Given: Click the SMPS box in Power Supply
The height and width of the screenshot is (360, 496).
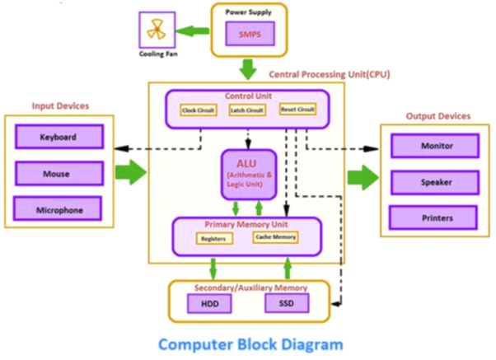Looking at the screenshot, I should [249, 34].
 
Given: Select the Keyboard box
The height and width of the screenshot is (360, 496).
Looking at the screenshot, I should [58, 137].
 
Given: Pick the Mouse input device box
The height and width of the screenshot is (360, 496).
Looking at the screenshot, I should [58, 174].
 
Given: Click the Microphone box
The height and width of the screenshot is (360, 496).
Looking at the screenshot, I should [58, 209].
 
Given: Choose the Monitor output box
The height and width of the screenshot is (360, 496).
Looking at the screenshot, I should [434, 147].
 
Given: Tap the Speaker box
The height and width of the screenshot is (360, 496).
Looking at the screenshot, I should [434, 181].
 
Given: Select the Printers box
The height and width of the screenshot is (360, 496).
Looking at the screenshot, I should [434, 217].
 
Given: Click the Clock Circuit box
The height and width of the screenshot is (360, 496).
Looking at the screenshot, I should [199, 110].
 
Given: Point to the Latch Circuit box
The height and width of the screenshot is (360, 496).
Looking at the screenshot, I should [246, 110].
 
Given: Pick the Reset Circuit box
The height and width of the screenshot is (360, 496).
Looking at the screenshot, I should [297, 109].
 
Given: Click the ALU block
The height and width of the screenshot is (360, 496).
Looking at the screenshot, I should [248, 174].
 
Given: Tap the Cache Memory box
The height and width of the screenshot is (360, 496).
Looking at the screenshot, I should [275, 237].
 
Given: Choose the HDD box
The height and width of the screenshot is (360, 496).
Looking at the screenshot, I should [211, 305].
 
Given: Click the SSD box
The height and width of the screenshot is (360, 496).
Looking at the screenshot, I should [284, 304].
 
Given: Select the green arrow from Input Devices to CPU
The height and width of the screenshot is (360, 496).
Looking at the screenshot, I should [129, 173].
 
